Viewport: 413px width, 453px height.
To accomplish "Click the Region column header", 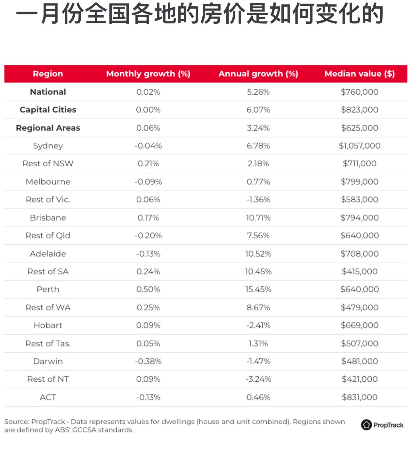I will pos(48,74).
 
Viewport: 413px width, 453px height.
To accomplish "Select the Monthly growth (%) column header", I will pos(148,74).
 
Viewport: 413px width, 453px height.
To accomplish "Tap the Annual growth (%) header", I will pos(258,74).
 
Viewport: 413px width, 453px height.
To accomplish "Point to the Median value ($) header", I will pos(360,74).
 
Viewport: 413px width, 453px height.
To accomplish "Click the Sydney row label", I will pos(48,146).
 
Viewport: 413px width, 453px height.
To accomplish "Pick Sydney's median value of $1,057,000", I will pos(360,146).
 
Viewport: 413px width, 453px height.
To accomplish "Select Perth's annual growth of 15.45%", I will pos(258,290).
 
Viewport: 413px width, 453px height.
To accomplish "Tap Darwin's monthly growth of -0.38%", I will pos(148,362).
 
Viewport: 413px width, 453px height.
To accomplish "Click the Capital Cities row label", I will pos(48,110).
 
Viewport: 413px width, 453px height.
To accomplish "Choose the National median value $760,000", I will pos(360,92).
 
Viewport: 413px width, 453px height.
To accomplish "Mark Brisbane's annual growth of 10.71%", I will pos(258,218).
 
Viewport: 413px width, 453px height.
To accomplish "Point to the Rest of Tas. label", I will pos(48,344).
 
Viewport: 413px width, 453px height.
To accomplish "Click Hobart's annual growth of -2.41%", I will pos(258,325).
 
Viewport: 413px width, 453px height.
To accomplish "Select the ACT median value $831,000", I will pos(360,397).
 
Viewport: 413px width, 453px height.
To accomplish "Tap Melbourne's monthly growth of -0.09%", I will pos(148,182).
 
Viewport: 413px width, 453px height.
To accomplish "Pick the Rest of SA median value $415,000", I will pos(360,272).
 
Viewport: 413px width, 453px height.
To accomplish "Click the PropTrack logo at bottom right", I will pos(382,425).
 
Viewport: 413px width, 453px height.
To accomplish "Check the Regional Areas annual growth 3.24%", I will pos(258,128).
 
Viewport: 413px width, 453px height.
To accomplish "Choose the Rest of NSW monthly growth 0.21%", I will pos(148,164).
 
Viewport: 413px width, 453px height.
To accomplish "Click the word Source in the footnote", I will pos(16,422).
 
